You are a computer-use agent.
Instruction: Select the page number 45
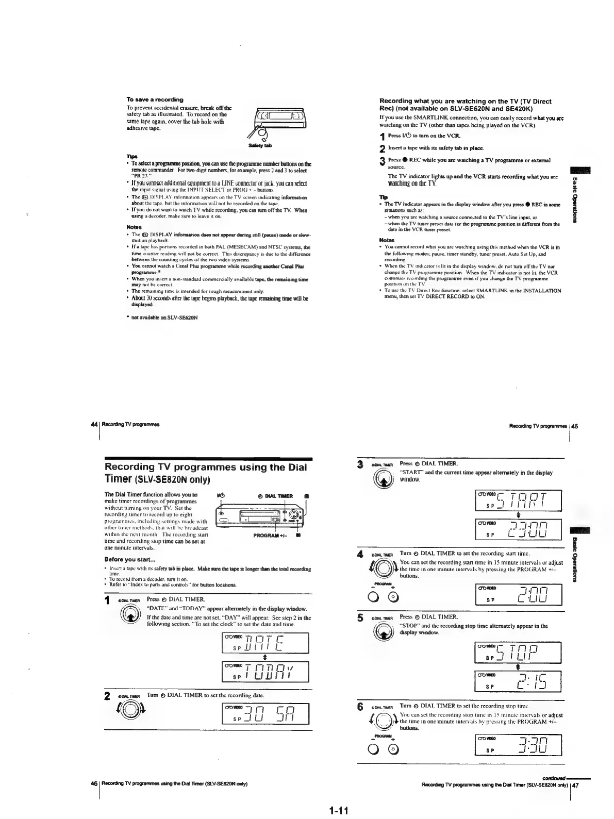[575, 426]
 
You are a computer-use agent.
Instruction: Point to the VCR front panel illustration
[260, 517]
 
